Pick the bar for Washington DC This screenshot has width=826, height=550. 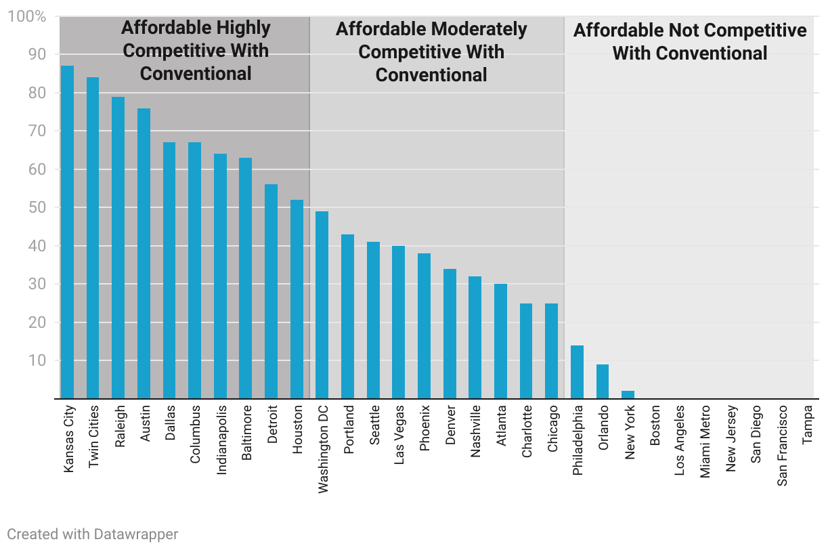322,305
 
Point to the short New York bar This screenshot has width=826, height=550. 628,395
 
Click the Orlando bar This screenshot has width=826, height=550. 603,381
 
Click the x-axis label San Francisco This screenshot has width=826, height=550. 782,437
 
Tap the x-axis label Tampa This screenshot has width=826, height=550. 807,425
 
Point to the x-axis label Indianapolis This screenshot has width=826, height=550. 221,440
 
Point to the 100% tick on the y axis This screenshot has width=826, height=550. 27,16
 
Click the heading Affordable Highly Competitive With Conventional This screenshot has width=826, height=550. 196,51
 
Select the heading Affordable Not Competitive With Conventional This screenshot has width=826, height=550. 690,41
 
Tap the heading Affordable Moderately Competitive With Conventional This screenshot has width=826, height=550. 431,52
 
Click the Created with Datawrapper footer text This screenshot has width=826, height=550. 93,534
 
